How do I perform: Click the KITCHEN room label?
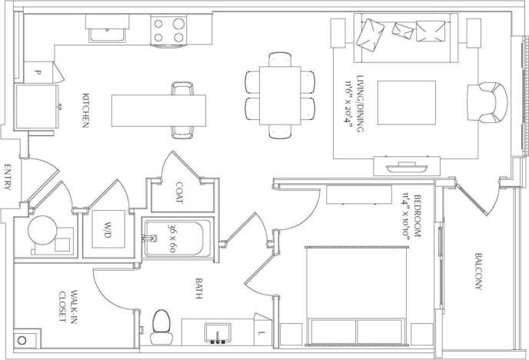(87, 111)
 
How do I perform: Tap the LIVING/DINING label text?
(352, 106)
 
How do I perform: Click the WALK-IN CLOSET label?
(68, 308)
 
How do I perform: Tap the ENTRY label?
(8, 184)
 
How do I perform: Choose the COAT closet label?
(179, 192)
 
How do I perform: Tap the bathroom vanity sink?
(218, 332)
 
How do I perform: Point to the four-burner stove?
(170, 30)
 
